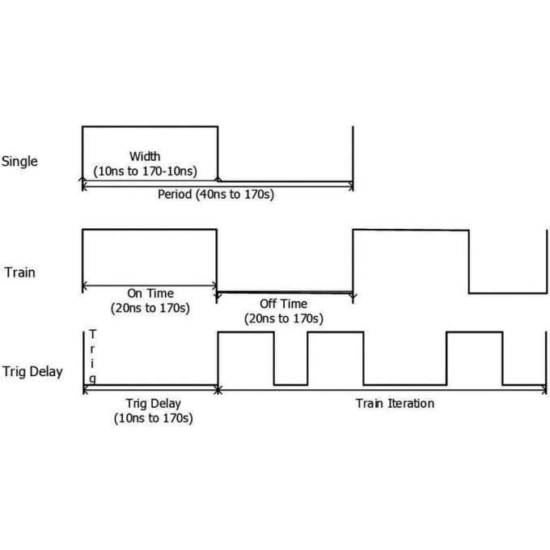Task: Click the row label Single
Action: [20, 162]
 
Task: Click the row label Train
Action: [19, 273]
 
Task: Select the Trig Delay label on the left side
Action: [33, 373]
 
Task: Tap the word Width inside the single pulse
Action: [145, 156]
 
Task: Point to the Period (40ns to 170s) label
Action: [217, 195]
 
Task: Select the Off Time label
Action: [284, 303]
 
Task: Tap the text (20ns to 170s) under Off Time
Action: [284, 318]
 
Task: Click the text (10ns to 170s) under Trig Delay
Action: [154, 417]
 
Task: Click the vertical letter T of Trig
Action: [94, 335]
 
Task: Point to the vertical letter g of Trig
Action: [94, 379]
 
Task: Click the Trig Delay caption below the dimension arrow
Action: [154, 403]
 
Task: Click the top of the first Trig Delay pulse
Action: [247, 332]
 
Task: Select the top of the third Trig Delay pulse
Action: [475, 332]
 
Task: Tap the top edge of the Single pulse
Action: [150, 126]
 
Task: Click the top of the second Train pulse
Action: [411, 231]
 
